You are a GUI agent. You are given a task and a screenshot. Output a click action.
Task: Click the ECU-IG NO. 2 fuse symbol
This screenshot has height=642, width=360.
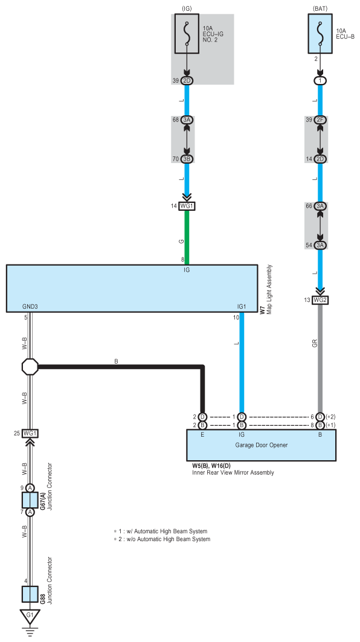point(187,34)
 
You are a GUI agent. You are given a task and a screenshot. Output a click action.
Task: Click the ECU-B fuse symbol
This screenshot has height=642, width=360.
point(320,34)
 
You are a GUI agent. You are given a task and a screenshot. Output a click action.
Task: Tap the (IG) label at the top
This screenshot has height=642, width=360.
point(187,8)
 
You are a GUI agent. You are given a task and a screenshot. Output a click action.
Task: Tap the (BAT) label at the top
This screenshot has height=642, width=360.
point(320,8)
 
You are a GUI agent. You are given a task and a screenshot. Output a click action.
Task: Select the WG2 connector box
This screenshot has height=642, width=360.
point(320,300)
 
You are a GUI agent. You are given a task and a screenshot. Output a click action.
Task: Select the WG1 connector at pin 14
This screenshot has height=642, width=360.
point(187,206)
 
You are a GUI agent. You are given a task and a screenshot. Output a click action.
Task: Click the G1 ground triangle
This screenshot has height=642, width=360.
point(30,616)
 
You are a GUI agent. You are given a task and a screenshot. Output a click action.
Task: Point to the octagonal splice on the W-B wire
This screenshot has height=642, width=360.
point(30,367)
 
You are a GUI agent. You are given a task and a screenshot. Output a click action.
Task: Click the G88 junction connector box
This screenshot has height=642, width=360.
point(30,594)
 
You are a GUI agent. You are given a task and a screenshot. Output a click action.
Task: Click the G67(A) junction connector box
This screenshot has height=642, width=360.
point(30,500)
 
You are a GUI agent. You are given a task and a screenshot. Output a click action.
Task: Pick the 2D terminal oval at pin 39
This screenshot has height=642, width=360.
point(187,81)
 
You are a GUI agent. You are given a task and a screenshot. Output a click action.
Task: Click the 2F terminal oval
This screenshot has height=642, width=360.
point(320,120)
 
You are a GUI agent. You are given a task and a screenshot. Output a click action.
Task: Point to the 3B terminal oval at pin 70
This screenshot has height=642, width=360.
point(187,159)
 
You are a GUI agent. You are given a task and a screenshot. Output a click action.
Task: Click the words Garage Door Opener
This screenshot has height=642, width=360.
point(262,445)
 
